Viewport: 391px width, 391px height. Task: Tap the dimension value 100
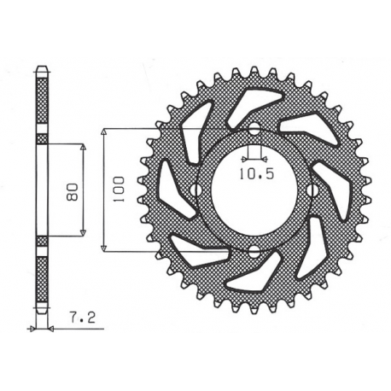(x=117, y=189)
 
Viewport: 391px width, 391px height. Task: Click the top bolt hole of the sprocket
(x=254, y=130)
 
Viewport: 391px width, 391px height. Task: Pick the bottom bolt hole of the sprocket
(x=254, y=249)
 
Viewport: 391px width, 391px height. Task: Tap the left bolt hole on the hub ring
(x=195, y=190)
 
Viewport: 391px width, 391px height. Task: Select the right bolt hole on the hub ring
(x=312, y=190)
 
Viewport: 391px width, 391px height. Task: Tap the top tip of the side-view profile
(x=42, y=67)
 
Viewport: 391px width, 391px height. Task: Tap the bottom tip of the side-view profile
(x=42, y=311)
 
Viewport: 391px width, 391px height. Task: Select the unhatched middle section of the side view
(x=42, y=189)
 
